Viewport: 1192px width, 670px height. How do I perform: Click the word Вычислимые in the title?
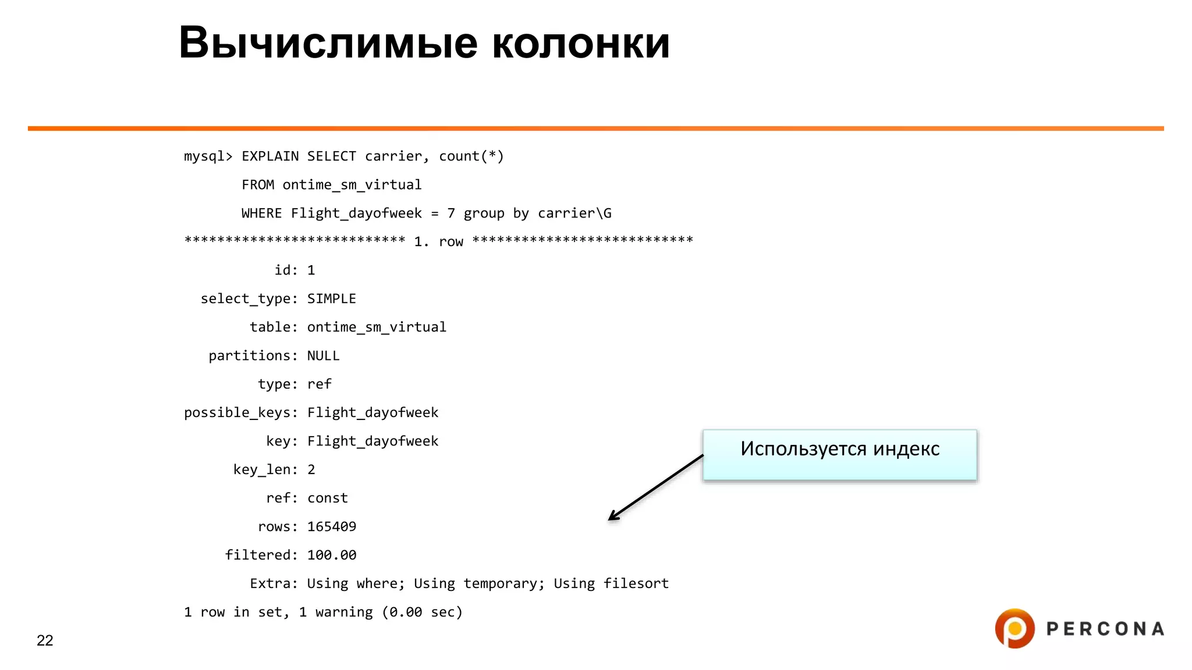click(328, 43)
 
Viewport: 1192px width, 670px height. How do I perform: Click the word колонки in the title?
click(581, 43)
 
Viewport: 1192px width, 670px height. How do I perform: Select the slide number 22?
click(45, 640)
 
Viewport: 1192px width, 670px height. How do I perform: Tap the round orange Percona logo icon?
click(1014, 628)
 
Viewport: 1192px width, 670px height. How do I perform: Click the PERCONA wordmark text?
click(1105, 629)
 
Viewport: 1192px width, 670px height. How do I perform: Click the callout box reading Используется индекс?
click(839, 455)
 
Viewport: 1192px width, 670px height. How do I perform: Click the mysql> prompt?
click(208, 156)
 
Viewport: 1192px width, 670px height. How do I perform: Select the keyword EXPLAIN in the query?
click(270, 156)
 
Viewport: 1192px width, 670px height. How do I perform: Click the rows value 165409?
click(331, 526)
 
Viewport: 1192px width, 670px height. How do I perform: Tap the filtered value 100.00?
click(331, 555)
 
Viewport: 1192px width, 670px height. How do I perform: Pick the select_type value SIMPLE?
click(331, 298)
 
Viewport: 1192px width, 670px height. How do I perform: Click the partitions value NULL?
click(323, 355)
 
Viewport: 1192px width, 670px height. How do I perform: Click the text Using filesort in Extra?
click(611, 583)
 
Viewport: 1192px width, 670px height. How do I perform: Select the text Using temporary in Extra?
click(478, 583)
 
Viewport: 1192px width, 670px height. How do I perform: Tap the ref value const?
click(327, 498)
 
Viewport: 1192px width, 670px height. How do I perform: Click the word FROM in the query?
click(257, 185)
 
